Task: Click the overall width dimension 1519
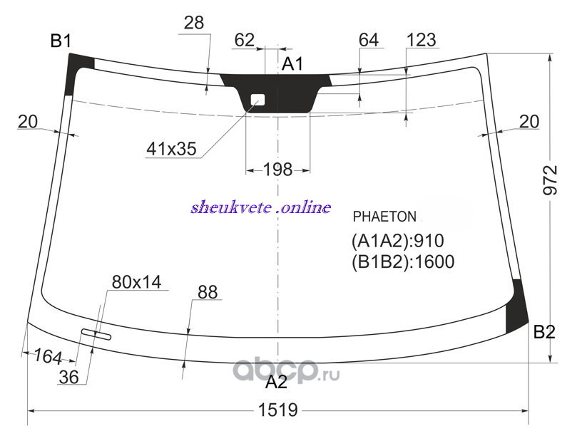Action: point(277,410)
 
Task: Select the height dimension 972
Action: point(550,180)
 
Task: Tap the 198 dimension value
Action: point(277,170)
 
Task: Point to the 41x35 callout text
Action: point(171,149)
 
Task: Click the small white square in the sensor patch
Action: point(257,99)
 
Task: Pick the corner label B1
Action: point(61,41)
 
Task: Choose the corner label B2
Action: point(544,332)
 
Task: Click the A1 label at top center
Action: point(292,64)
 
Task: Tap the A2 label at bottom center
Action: point(277,382)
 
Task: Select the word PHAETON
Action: point(384,217)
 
